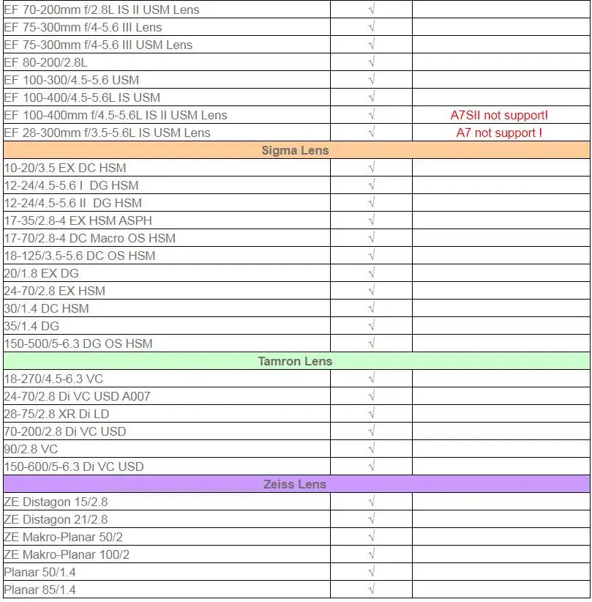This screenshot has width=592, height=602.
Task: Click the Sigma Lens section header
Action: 296,150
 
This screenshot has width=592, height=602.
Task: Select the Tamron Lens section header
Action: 296,361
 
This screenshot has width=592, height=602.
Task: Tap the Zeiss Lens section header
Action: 296,484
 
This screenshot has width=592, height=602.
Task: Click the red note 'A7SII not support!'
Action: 499,115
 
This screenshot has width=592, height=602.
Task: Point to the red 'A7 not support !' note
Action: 499,133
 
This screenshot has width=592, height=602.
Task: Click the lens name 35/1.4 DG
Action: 31,326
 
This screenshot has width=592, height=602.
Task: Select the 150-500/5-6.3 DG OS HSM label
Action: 78,343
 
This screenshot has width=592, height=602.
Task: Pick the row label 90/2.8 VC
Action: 31,449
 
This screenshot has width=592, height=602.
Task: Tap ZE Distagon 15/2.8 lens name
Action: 56,502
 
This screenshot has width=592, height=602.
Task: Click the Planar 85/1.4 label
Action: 40,590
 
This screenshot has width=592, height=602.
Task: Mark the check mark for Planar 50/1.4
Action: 372,572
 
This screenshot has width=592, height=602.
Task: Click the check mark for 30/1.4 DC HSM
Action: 372,308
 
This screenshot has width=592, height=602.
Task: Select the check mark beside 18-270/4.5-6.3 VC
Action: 372,379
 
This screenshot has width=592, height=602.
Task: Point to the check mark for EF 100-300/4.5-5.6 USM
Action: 372,80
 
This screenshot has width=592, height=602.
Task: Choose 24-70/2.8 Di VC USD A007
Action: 77,396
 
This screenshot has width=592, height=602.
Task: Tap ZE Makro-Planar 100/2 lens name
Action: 67,554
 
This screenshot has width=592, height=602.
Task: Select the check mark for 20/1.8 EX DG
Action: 372,273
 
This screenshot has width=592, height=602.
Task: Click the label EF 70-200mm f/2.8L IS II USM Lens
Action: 102,10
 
